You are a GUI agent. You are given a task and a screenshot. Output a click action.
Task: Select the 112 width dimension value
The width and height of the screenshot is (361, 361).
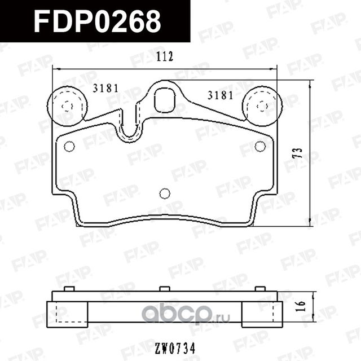(x=163, y=57)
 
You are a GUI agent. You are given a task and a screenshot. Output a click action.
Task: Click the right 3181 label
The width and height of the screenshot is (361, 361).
(x=220, y=95)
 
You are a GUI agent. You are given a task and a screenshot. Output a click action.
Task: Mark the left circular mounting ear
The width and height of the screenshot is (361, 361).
(x=67, y=105)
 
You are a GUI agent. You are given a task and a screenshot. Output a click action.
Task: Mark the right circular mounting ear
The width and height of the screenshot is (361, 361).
(x=262, y=105)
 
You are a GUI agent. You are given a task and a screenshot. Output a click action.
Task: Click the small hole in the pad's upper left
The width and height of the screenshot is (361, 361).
(x=69, y=147)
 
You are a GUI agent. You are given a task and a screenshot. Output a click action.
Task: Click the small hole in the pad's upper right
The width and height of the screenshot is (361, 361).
(x=259, y=147)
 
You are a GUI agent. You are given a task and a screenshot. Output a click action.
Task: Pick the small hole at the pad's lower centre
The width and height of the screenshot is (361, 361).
(x=165, y=193)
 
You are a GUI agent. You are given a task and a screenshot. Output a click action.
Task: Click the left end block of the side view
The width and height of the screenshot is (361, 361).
(x=67, y=314)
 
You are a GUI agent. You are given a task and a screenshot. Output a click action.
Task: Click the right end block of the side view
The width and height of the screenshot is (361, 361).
(x=262, y=314)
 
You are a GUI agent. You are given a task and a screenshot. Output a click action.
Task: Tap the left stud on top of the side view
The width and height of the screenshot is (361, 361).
(x=69, y=289)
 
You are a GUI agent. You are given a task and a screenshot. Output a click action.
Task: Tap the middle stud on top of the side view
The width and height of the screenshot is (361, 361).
(x=165, y=289)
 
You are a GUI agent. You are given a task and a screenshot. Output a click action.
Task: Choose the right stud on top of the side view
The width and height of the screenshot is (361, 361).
(x=260, y=289)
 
